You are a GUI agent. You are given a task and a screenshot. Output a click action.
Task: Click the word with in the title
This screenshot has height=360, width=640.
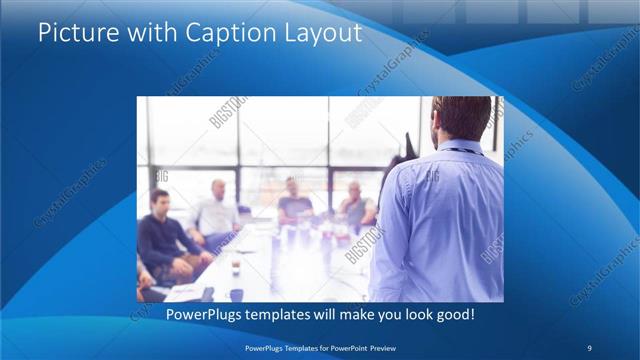(x=147, y=33)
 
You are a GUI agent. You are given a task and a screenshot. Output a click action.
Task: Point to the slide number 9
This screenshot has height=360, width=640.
(x=590, y=346)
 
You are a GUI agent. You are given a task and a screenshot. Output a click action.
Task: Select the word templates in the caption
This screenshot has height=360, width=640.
(x=285, y=314)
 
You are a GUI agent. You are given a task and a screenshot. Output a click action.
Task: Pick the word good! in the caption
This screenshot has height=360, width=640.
(x=453, y=314)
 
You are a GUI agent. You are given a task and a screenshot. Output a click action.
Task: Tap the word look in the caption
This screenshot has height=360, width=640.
(x=410, y=314)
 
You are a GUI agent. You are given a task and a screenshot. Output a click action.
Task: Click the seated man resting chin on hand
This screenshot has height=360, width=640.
(x=356, y=205)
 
